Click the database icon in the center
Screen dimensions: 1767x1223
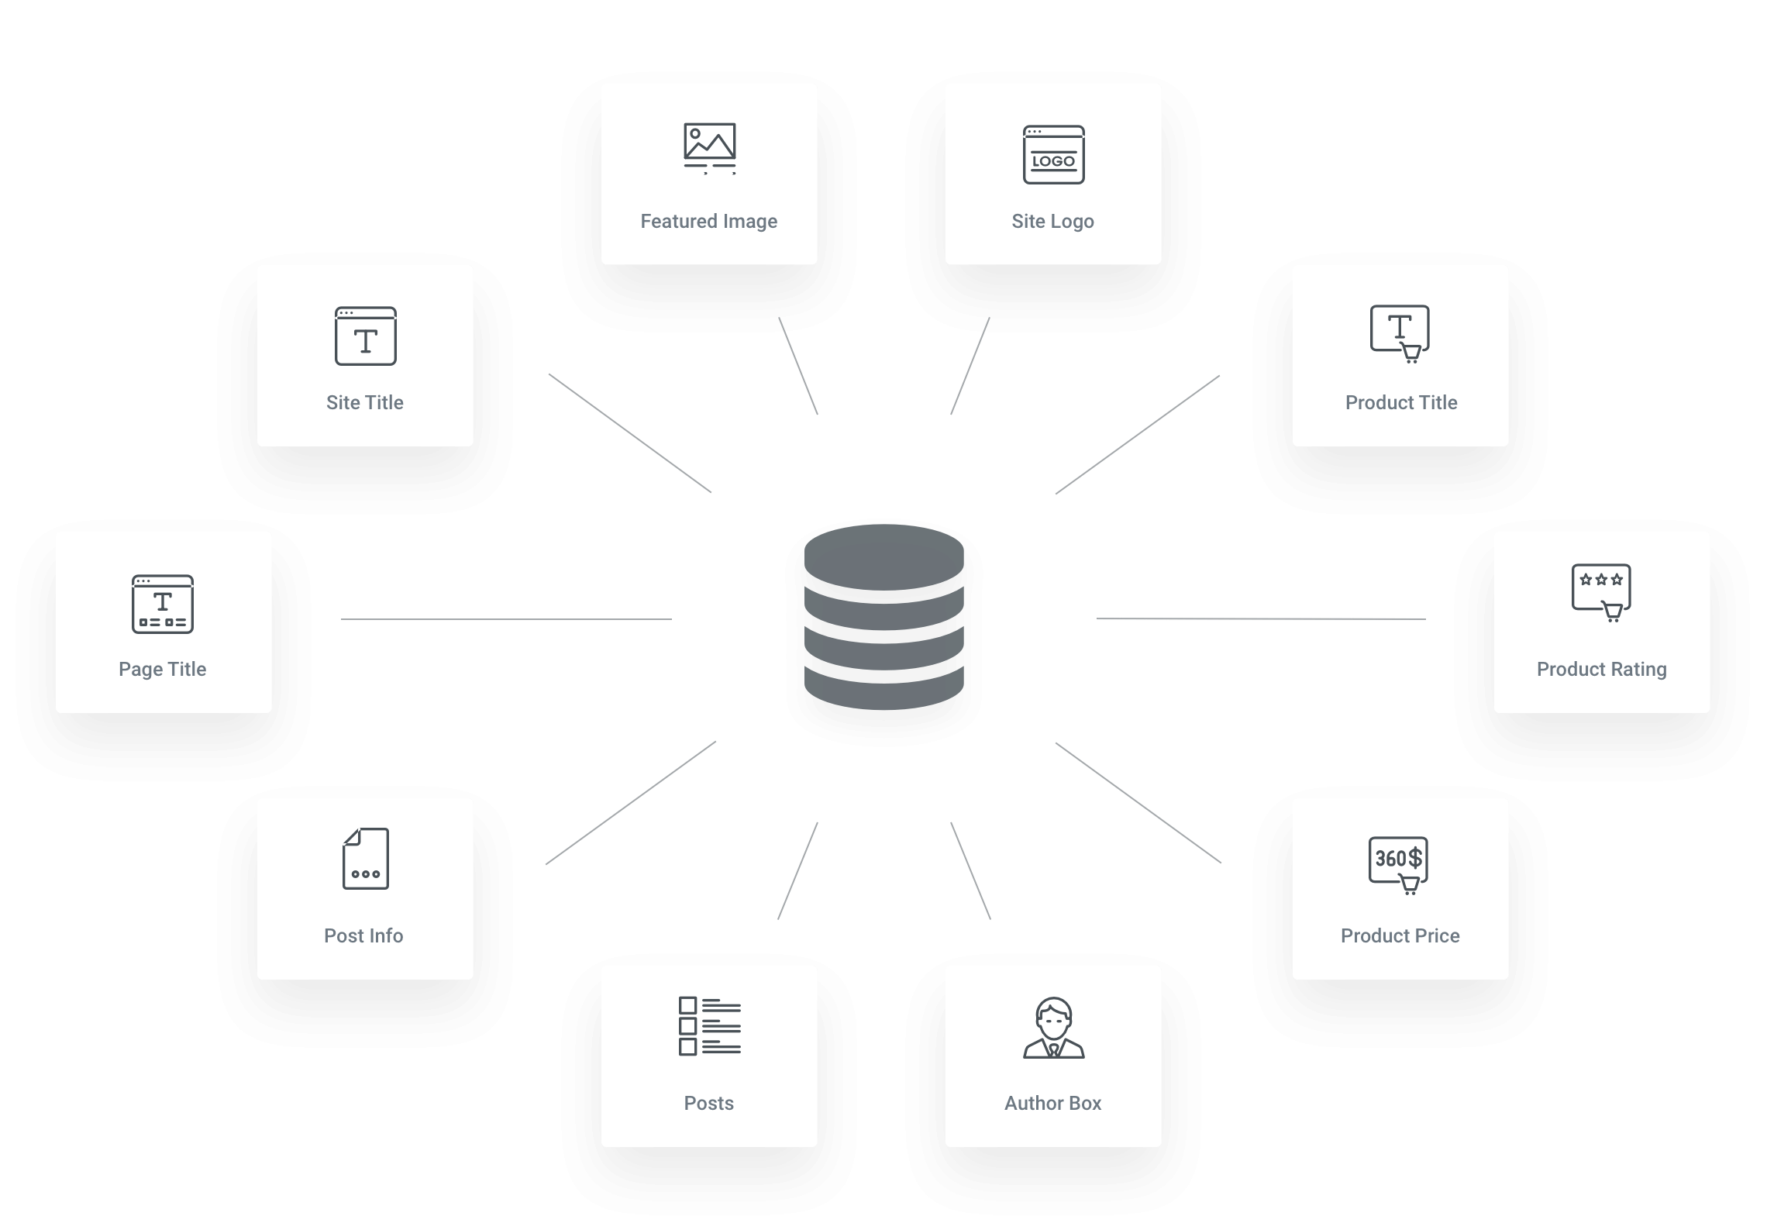click(x=883, y=617)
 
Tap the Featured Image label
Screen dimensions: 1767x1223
click(x=708, y=222)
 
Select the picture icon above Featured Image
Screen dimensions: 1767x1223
click(x=709, y=149)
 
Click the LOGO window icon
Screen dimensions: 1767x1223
click(x=1053, y=155)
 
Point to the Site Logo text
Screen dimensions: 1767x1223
click(x=1052, y=222)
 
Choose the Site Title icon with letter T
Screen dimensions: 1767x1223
click(x=365, y=336)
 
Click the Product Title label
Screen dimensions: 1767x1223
click(x=1401, y=402)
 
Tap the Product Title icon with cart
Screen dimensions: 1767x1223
click(x=1400, y=334)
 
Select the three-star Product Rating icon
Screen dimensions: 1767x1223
click(x=1601, y=593)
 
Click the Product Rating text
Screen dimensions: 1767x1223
click(x=1601, y=669)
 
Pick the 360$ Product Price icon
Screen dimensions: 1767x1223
click(x=1399, y=866)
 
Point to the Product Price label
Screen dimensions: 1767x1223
click(x=1400, y=935)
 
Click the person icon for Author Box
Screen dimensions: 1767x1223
click(x=1053, y=1028)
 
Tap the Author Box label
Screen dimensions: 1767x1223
click(x=1052, y=1103)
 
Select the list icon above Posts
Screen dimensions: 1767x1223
click(x=709, y=1026)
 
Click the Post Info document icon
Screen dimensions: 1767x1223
click(x=365, y=859)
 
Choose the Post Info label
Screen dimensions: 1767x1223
click(x=363, y=935)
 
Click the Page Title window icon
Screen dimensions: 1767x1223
click(x=162, y=604)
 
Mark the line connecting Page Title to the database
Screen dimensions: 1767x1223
click(x=506, y=619)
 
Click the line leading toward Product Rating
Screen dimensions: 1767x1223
click(x=1261, y=618)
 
